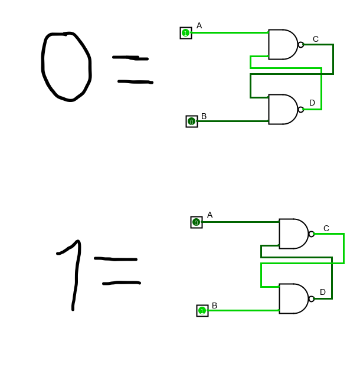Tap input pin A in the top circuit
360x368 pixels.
point(186,33)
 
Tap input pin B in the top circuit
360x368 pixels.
point(191,121)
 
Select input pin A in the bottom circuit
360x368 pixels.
point(197,222)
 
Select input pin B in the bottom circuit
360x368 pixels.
point(202,311)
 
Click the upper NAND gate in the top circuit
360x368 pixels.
point(282,45)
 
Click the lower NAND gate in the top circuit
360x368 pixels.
point(282,110)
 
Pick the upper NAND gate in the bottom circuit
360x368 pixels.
point(293,234)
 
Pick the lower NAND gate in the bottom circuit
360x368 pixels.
point(293,299)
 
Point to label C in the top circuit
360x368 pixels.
point(316,40)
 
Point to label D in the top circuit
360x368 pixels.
point(312,103)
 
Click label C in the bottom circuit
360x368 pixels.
point(326,229)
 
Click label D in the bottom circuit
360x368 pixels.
point(323,293)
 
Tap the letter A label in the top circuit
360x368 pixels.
point(199,26)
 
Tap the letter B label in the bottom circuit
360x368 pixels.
point(215,306)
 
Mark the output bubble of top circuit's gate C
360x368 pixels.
point(301,45)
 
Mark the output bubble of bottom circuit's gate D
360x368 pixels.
point(312,299)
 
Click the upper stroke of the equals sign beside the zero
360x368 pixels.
point(130,58)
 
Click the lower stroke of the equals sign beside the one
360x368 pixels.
point(122,284)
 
